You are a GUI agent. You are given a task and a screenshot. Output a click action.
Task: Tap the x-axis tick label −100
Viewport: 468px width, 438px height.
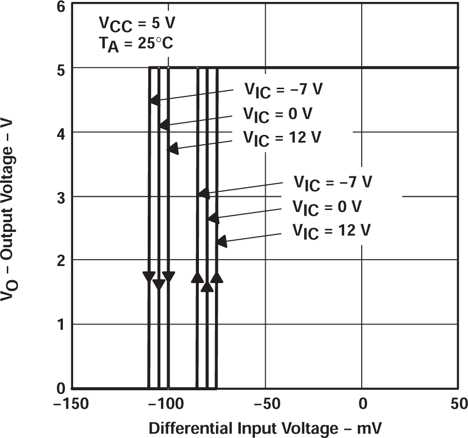[168, 405]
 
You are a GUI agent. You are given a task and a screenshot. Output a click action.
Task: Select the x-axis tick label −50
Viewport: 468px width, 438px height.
[264, 405]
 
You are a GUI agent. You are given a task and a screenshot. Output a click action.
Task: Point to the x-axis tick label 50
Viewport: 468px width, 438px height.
[457, 405]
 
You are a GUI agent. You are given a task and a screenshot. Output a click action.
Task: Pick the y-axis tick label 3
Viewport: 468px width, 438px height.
[60, 197]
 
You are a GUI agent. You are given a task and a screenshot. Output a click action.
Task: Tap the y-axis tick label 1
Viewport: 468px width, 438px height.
[60, 325]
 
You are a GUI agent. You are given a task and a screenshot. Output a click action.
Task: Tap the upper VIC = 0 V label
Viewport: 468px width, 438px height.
[277, 115]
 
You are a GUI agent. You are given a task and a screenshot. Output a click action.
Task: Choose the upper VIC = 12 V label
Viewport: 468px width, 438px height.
[282, 138]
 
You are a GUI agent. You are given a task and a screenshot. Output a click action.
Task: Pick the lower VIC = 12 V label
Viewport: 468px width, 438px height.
[331, 230]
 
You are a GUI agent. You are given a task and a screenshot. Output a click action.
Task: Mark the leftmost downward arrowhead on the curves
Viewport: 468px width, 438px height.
[149, 277]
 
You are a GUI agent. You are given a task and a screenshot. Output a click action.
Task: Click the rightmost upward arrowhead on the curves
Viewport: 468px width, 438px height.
[217, 277]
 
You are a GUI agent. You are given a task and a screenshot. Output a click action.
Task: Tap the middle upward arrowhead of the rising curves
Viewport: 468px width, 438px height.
[207, 286]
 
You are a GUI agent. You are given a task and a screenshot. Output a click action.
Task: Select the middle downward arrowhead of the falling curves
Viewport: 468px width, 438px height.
[158, 284]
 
